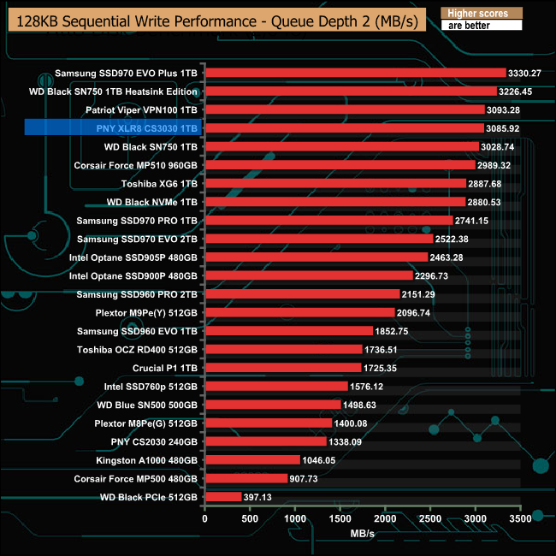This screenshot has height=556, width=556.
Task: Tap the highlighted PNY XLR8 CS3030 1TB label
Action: coord(142,128)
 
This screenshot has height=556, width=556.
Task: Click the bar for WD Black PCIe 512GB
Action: coord(223,497)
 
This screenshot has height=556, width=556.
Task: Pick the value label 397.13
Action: coord(261,497)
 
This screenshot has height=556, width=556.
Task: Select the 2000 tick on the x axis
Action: coord(386,518)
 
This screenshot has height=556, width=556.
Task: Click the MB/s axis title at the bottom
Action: coord(363,533)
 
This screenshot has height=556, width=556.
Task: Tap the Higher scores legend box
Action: coord(480,13)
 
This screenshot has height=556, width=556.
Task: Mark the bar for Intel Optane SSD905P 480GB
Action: coord(316,257)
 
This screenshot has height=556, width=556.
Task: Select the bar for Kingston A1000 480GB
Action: coord(252,460)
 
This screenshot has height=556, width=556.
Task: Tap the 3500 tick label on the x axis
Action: coord(521,518)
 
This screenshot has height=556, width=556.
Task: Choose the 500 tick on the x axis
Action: coord(250,518)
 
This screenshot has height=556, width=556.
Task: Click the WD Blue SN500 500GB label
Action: coord(147,405)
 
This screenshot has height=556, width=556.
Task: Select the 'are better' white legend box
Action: coord(480,26)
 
